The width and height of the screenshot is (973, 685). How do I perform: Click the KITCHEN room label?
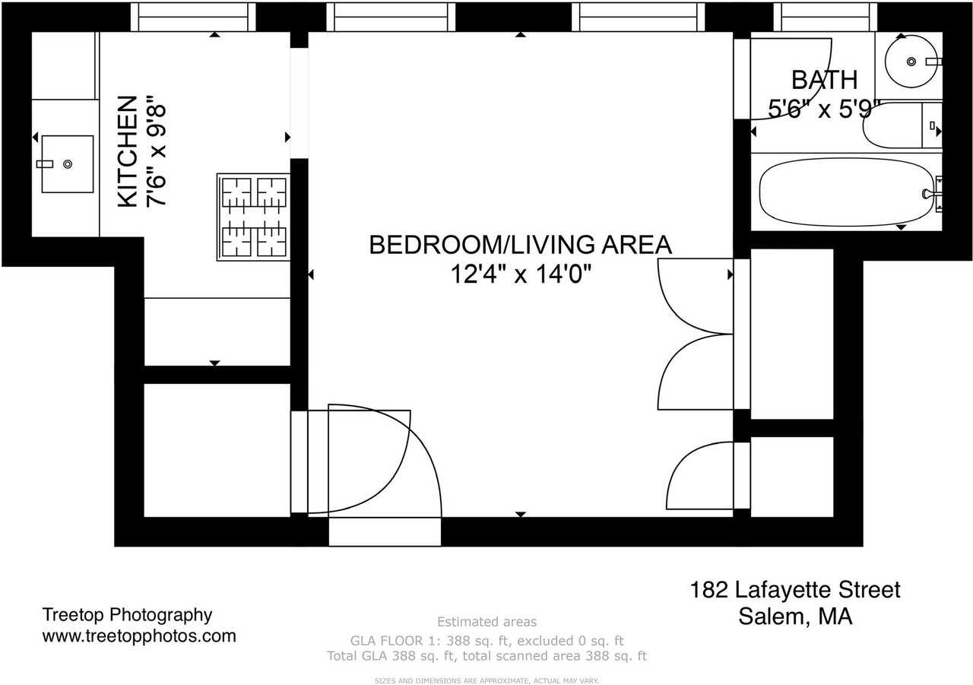click(x=128, y=151)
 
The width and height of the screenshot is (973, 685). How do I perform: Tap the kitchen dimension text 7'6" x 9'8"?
click(x=157, y=151)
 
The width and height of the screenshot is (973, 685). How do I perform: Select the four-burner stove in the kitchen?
click(x=254, y=217)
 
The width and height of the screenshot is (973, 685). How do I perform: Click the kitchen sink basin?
click(x=68, y=163)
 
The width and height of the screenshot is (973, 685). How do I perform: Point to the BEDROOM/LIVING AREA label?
click(x=520, y=245)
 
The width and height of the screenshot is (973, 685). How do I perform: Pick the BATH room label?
click(x=824, y=80)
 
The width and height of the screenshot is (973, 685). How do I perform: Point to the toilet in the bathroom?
click(x=897, y=125)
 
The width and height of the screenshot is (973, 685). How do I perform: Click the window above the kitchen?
click(x=193, y=17)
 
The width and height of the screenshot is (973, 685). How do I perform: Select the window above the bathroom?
click(x=825, y=17)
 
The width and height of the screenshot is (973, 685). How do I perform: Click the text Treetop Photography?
click(x=127, y=615)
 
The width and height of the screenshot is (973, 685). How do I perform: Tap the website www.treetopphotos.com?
click(x=139, y=636)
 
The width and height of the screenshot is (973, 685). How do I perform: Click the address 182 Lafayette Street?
click(x=795, y=590)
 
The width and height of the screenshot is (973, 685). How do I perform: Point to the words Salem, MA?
click(x=795, y=616)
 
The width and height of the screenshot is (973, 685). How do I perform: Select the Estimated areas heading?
click(x=486, y=622)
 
